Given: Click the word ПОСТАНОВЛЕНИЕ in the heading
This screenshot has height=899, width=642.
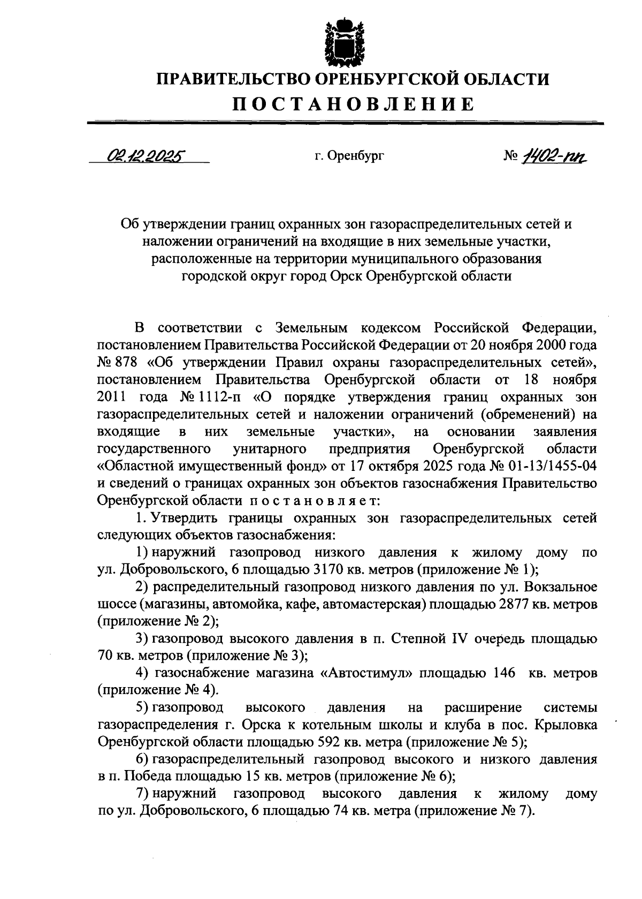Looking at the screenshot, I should coord(353,104).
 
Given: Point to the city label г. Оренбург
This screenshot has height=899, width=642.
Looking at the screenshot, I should coord(349,156).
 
